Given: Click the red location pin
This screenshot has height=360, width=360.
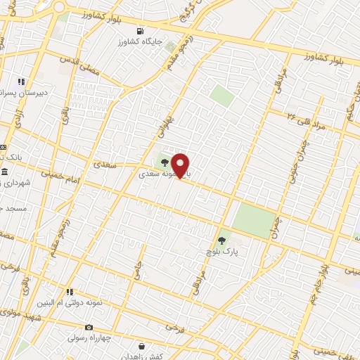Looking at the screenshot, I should (x=181, y=165).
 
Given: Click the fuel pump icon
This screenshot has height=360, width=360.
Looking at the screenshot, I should (x=140, y=31).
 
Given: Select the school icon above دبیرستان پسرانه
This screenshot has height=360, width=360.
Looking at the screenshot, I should (x=21, y=82).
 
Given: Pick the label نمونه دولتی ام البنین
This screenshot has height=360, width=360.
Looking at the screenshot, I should (x=70, y=302).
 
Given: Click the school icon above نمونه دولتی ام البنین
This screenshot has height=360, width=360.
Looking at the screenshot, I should (x=70, y=291).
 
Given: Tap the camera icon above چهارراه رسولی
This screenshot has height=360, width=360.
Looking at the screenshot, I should (x=89, y=327).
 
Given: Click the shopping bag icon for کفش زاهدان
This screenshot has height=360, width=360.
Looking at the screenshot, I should (x=142, y=346).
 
